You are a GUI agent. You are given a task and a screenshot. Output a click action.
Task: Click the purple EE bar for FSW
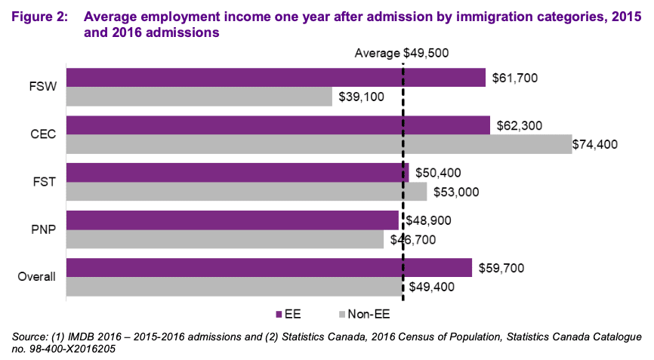[x=276, y=78]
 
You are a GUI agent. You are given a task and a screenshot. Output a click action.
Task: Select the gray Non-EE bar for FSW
[x=199, y=97]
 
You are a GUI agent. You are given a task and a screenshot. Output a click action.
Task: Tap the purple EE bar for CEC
[x=278, y=125]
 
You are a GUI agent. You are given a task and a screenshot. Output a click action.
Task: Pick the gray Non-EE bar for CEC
[x=319, y=144]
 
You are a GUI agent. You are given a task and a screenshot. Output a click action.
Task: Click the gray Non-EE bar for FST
[x=247, y=192]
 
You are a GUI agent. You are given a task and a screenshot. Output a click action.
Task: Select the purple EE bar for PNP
[x=233, y=220]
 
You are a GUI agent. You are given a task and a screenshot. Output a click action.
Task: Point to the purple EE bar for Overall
[x=270, y=268]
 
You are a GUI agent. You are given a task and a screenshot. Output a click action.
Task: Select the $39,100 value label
[x=361, y=97]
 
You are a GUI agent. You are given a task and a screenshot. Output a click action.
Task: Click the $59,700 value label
[x=501, y=268]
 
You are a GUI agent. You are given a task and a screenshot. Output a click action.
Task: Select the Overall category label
[x=37, y=277]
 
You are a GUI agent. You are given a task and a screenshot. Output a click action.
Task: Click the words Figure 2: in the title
[x=38, y=17]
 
